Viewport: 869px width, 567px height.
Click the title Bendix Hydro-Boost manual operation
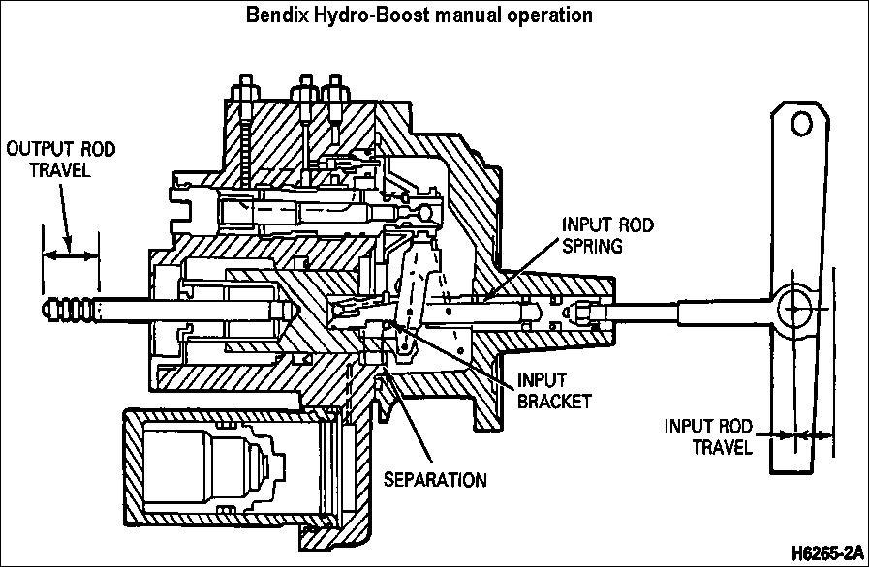click(434, 15)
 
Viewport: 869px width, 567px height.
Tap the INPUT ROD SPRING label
click(607, 236)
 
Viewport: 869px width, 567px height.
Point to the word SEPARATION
click(434, 479)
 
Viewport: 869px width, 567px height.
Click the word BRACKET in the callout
click(555, 400)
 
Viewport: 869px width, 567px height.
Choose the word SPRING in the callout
click(593, 246)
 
